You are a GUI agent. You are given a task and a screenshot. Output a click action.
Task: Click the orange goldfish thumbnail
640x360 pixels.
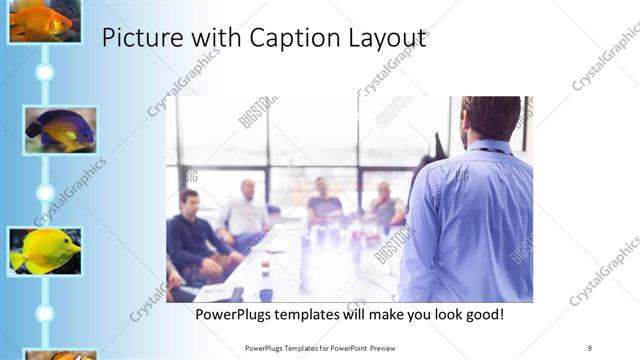coord(44,20)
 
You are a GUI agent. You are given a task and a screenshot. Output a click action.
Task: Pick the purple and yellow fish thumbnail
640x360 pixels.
coord(60,129)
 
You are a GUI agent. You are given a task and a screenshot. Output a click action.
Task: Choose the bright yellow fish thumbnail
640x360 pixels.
coord(44,250)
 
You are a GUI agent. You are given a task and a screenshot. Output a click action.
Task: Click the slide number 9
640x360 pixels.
coord(589,347)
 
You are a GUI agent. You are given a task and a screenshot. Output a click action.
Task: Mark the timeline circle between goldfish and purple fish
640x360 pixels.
coord(44,72)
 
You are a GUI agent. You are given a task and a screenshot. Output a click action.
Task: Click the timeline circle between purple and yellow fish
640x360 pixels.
coord(44,192)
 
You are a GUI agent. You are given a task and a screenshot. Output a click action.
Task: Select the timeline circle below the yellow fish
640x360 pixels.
coord(44,313)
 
